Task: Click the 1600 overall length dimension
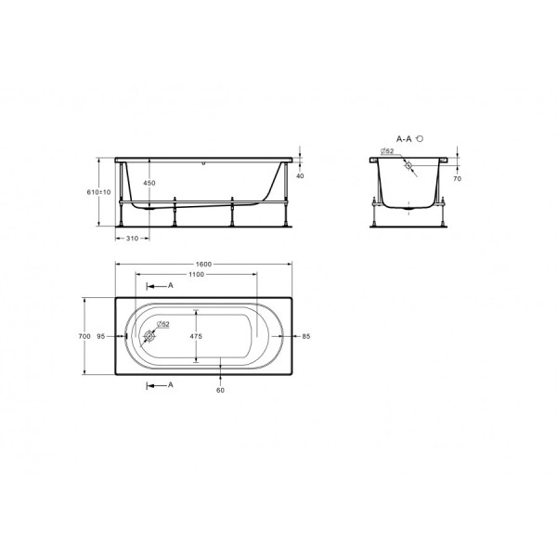pos(204,264)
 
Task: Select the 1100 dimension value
pos(195,275)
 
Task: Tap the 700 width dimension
pos(84,336)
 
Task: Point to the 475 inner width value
pos(195,335)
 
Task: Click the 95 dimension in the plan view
pos(100,336)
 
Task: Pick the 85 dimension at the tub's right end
pos(305,336)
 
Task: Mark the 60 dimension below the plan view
pos(220,389)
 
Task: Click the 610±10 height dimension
pos(106,192)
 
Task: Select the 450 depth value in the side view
pos(149,183)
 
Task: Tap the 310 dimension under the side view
pos(133,239)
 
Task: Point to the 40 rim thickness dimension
pos(299,175)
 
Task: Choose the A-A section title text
pos(405,138)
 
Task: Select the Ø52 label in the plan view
pos(162,323)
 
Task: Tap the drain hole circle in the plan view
pos(149,339)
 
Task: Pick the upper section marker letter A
pos(171,286)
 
